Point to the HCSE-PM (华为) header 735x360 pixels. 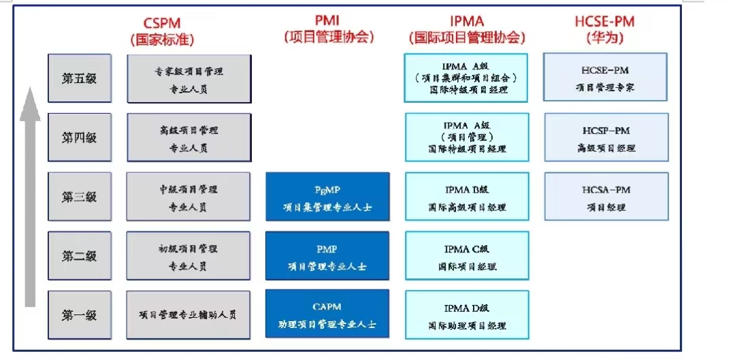604,31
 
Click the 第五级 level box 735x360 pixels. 80,78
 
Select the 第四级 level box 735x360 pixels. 80,137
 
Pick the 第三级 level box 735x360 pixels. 80,197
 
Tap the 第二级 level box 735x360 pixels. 80,256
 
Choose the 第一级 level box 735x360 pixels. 80,315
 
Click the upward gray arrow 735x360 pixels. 29,197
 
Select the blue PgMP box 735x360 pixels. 327,197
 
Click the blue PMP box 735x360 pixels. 327,256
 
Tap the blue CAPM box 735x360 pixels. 327,314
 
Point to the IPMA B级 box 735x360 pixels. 466,197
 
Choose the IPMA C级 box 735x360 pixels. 466,256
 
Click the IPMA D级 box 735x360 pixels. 466,315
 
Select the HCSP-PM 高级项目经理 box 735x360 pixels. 606,137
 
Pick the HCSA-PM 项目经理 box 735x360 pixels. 606,197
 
